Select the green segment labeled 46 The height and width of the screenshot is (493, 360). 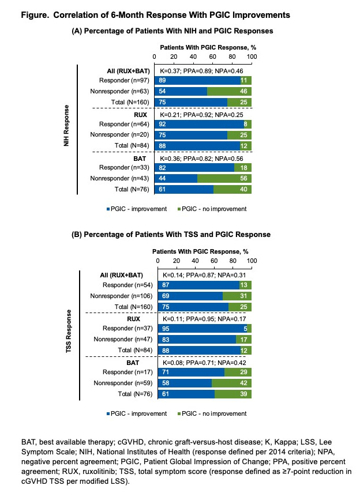click(229, 92)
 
